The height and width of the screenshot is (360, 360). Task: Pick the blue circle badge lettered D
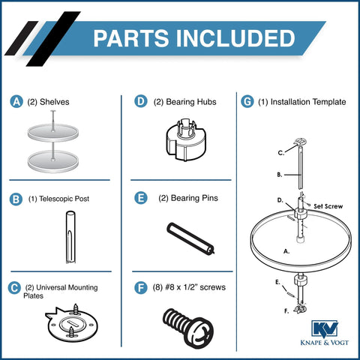139,101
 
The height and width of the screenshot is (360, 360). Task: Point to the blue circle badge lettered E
139,199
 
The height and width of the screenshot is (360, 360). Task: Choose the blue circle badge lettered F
139,286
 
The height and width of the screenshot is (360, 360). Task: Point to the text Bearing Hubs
182,101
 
